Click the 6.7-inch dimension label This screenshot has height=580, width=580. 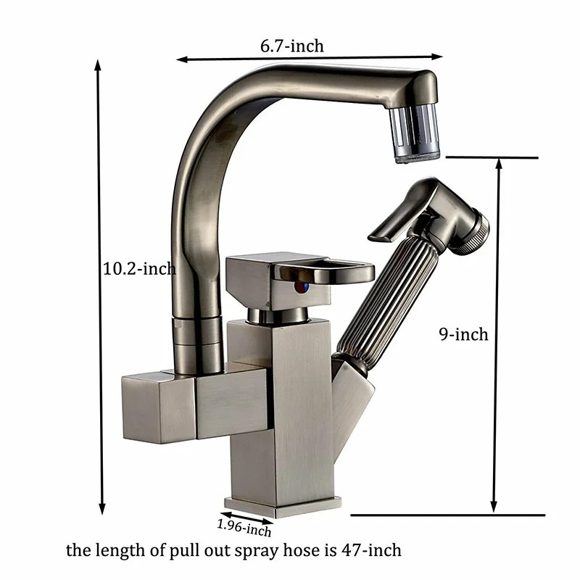click(292, 46)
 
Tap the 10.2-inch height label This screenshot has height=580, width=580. click(139, 269)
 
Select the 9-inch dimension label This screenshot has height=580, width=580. click(464, 334)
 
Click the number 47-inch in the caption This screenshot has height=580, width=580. click(373, 550)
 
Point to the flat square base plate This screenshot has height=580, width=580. click(283, 503)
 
